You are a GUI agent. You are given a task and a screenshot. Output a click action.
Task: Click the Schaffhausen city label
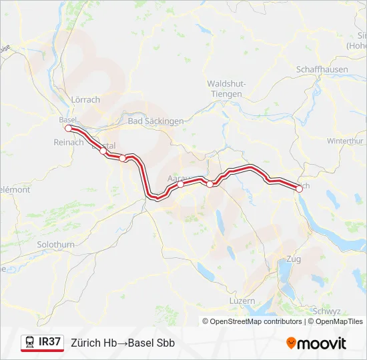322,69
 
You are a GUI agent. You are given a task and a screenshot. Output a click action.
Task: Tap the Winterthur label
344,141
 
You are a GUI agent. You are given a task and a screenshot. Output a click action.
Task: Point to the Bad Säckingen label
155,121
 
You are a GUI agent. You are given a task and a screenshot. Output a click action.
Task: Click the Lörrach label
85,99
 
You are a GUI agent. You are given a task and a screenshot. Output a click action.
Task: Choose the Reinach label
69,142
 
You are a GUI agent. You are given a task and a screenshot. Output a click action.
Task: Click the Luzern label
241,301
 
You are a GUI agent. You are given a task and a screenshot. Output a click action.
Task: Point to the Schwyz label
326,311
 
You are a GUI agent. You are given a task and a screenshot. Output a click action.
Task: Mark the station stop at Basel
68,128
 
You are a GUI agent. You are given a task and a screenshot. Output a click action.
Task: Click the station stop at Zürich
299,189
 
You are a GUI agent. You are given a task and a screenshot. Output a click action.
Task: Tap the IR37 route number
50,342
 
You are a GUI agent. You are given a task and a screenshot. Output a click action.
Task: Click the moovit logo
316,343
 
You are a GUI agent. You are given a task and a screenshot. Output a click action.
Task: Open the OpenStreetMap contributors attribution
256,321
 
